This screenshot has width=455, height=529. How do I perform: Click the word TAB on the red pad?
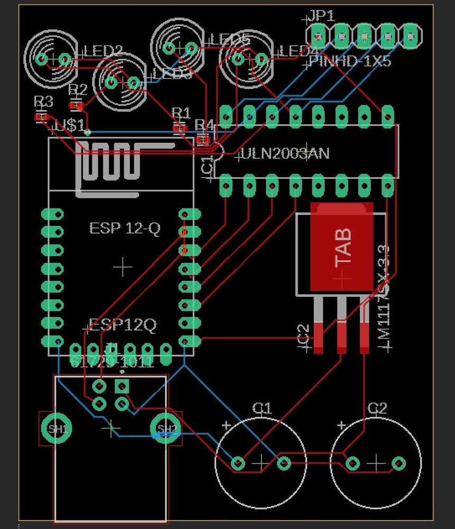[x=343, y=247]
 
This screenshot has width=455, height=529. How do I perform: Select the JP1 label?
[x=322, y=16]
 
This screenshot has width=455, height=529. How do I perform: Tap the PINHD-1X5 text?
[x=350, y=62]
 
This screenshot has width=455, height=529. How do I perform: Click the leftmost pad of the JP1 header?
[x=317, y=35]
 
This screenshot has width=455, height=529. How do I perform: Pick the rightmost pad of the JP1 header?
[x=411, y=35]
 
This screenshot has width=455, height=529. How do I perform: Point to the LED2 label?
[x=104, y=51]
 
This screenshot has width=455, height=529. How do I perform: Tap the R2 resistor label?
[x=78, y=88]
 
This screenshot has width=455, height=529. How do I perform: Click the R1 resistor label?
[x=181, y=112]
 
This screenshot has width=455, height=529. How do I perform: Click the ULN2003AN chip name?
[x=285, y=154]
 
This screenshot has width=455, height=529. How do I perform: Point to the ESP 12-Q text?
[x=125, y=229]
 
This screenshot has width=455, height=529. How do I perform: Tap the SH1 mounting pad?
[x=58, y=428]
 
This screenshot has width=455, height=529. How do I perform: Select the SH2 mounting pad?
[x=166, y=428]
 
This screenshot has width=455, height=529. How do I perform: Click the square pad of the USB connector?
[x=123, y=386]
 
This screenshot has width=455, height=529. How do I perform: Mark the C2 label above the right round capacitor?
[x=377, y=408]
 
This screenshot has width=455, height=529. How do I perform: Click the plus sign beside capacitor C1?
[x=226, y=425]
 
